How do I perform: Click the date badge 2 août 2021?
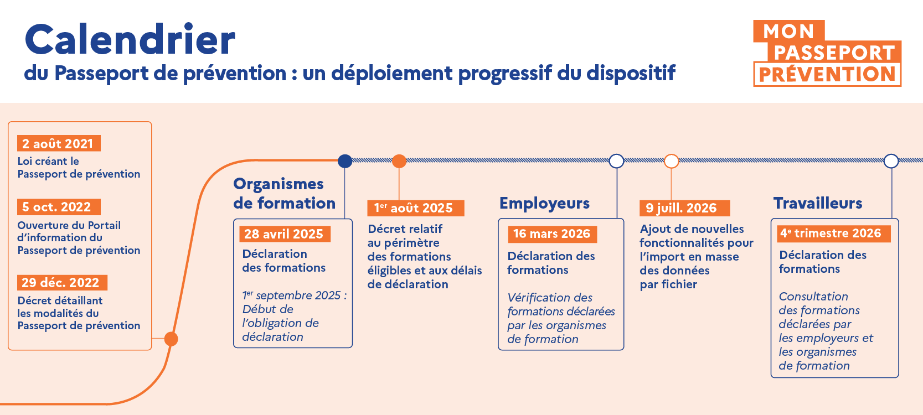point(58,144)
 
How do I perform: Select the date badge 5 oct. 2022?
point(58,207)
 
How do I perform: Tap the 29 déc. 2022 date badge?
point(61,283)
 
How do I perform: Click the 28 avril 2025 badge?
point(284,234)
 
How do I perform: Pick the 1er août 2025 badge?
point(415,208)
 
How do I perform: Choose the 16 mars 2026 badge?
point(552,234)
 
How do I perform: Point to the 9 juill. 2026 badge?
point(684,208)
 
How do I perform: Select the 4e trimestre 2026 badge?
point(831,234)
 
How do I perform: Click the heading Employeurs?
point(544,203)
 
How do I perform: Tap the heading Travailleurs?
point(818,203)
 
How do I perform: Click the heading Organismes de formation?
point(284,194)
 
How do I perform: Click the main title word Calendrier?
point(130,40)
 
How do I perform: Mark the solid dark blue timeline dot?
point(345,161)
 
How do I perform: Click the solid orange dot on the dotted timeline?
point(399,161)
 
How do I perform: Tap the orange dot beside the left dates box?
point(171,339)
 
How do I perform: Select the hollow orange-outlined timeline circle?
point(671,161)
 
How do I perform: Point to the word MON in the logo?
point(788,32)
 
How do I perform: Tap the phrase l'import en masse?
point(689,257)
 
